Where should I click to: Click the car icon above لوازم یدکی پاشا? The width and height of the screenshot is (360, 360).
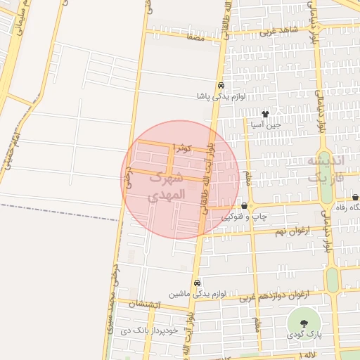click(x=221, y=84)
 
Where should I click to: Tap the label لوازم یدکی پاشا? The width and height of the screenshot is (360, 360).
click(x=221, y=96)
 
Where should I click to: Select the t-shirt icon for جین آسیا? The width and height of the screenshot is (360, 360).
click(x=265, y=113)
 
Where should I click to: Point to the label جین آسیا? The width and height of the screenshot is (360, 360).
click(x=266, y=124)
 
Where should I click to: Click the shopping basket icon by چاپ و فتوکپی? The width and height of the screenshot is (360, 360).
click(x=244, y=206)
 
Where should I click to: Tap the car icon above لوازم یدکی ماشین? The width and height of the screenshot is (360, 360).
click(x=196, y=283)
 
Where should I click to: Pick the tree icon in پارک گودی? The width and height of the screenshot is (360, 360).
click(x=304, y=323)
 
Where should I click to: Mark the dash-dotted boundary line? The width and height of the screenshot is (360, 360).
click(x=56, y=212)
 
